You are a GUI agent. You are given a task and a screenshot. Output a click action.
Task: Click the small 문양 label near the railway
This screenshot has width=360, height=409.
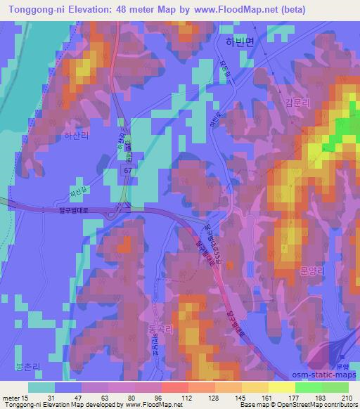343,368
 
